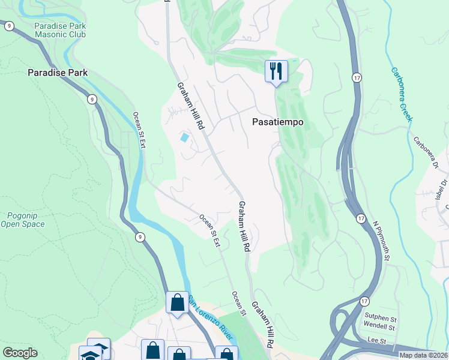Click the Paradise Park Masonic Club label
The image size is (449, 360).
60,30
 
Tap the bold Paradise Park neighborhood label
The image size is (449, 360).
58,73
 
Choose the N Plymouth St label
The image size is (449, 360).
382,241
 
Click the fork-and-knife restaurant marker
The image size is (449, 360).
276,71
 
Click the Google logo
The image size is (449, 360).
20,353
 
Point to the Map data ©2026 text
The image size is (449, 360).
423,355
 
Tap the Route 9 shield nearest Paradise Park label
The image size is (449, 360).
91,99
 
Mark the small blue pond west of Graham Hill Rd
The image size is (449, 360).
184,137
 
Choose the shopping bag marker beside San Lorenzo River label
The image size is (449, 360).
177,302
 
